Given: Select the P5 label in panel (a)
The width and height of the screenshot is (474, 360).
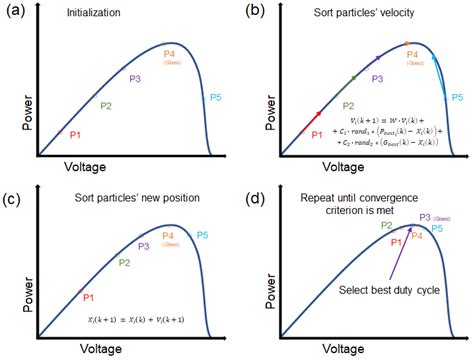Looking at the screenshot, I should pos(216,98).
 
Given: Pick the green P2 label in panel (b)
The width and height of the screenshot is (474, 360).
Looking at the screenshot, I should pos(348,105).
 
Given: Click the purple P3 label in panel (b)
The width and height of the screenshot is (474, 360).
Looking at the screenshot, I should pos(377,77).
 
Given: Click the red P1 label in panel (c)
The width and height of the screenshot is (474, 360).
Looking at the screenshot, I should pos(88,297).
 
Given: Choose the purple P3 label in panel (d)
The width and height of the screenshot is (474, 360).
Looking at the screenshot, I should pos(425,217).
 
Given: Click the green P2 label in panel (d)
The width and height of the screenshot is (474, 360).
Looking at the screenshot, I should pos(386,226).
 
